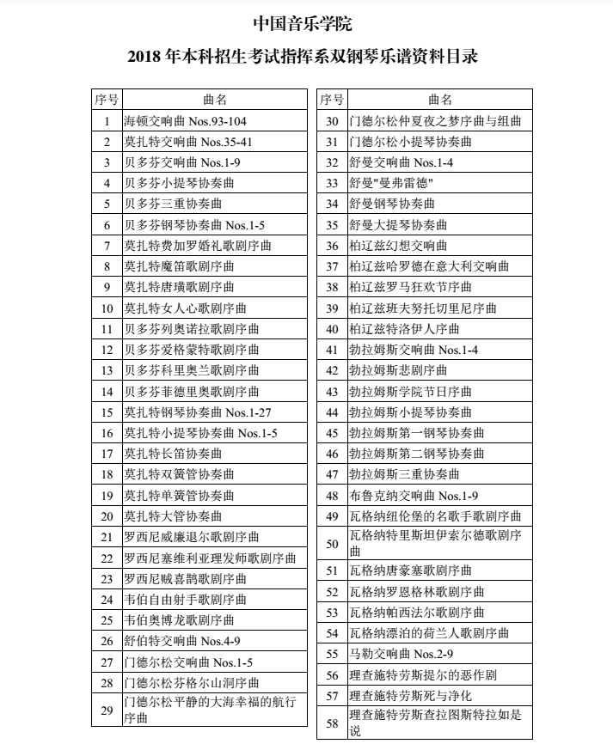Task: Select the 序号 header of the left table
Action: [107, 100]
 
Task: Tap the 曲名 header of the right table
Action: [439, 100]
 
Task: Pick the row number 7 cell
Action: [107, 246]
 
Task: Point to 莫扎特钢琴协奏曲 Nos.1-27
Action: [193, 412]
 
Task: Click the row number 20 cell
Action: [107, 516]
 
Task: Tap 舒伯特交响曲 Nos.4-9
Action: [182, 642]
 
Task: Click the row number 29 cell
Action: [107, 710]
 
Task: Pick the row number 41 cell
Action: [333, 350]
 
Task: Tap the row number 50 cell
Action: [333, 543]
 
